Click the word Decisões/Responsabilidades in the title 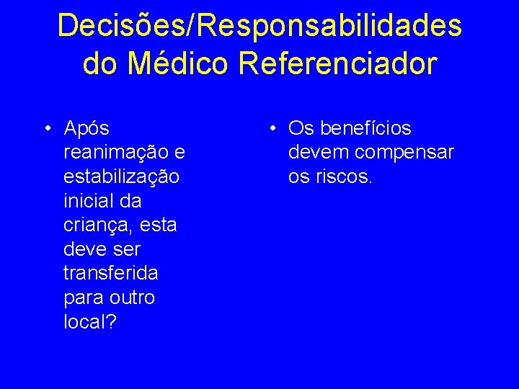click(x=259, y=26)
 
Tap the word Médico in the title click(x=179, y=63)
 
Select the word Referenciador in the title click(x=337, y=63)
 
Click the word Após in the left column click(x=86, y=129)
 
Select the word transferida click(x=111, y=274)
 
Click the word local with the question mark click(x=89, y=322)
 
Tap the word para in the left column click(x=84, y=298)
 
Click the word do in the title click(x=100, y=63)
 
